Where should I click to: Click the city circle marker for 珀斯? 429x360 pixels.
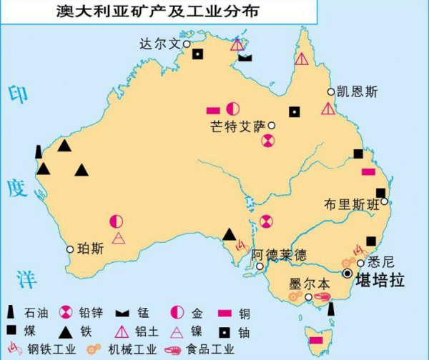tap(70, 249)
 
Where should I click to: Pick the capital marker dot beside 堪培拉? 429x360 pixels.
tap(347, 273)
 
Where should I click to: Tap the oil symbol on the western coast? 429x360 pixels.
tap(38, 151)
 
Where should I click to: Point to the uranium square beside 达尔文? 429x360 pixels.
tap(198, 54)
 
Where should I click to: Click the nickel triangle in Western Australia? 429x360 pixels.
tap(119, 237)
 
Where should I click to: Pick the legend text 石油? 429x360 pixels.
tap(34, 312)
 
